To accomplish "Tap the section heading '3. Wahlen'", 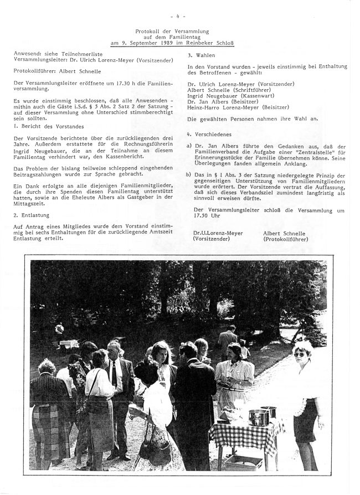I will point(198,55).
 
